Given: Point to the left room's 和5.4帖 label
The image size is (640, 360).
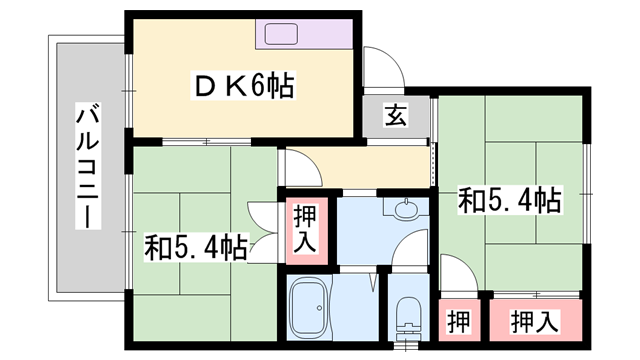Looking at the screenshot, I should pos(195,245).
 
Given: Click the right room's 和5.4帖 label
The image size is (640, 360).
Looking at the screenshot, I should pos(508,199).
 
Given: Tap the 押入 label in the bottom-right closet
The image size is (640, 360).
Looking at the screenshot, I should pos(535,322).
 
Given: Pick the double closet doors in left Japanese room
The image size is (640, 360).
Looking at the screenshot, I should pos(261,229).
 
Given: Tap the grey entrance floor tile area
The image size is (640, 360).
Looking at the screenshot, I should pos(396,116).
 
